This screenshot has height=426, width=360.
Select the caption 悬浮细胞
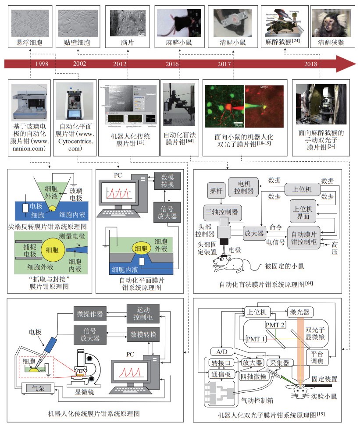(x=28, y=43)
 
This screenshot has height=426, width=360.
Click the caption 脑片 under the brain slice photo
(x=127, y=43)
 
